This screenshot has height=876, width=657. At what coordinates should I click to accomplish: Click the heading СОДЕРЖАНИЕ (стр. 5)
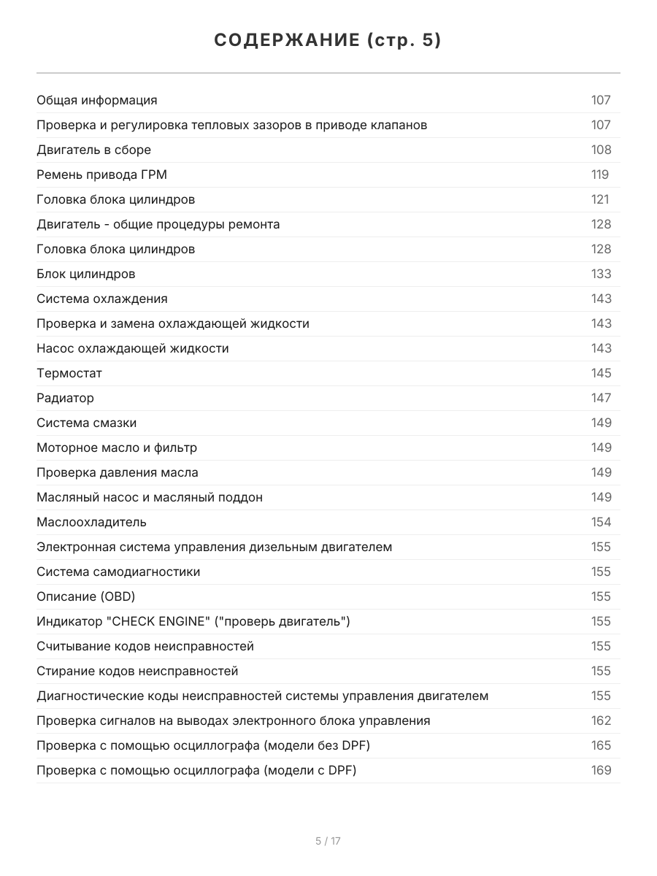328,41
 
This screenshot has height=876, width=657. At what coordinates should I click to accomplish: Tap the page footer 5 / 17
328,841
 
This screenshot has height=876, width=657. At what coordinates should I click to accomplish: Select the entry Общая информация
97,100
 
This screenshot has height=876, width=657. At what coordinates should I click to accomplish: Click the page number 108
601,150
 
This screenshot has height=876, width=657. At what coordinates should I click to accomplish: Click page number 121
599,199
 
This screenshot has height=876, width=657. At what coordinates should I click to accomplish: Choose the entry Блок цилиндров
86,274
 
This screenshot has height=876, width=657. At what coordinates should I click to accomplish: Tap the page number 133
601,274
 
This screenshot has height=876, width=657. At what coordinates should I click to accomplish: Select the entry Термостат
69,373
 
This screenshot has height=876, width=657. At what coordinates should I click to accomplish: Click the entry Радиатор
65,398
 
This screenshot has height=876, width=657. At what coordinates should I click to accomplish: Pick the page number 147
601,398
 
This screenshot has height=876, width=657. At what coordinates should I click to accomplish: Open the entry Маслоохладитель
91,522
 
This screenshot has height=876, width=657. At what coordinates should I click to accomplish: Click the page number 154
601,522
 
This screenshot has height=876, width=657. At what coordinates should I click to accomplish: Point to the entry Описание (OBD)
86,596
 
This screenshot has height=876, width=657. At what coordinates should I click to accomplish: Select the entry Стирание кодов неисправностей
137,671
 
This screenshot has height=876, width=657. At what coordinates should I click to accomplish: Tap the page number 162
601,721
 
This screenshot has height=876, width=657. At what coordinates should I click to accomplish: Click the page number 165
601,745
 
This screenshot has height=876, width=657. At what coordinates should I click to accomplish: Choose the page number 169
601,770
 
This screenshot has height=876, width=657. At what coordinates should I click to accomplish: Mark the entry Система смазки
86,423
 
